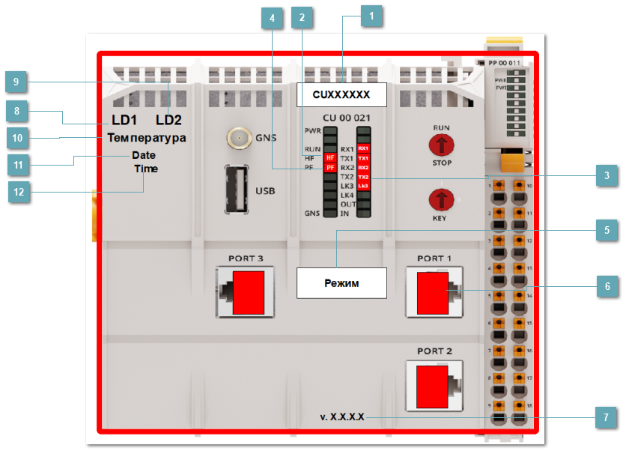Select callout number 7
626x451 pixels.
[607, 417]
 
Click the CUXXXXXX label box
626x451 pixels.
[341, 95]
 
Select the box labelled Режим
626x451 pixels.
[341, 284]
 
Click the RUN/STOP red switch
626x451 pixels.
[442, 145]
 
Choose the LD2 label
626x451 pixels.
[168, 120]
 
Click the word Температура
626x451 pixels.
[146, 138]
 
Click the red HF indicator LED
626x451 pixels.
[329, 157]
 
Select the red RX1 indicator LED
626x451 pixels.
[363, 149]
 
